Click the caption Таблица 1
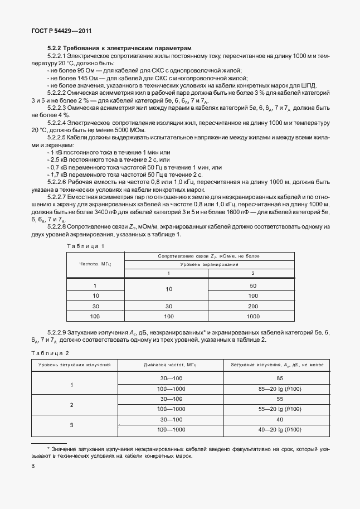pyautogui.click(x=85, y=246)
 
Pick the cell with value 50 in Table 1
pyautogui.click(x=253, y=285)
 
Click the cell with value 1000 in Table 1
pyautogui.click(x=253, y=316)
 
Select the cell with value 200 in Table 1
pyautogui.click(x=253, y=306)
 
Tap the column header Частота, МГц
pyautogui.click(x=95, y=264)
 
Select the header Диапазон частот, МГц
pyautogui.click(x=171, y=365)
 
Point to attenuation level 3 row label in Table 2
pyautogui.click(x=71, y=424)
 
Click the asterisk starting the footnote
pyautogui.click(x=49, y=448)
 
